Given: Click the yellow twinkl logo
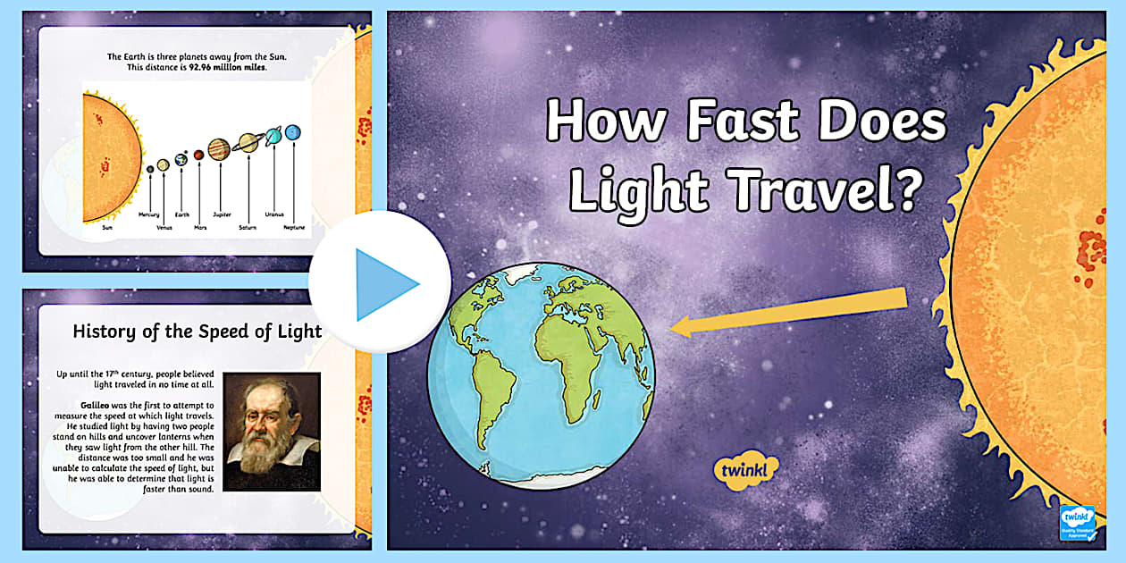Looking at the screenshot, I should tap(746, 469).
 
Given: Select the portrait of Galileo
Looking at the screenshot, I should tap(271, 431).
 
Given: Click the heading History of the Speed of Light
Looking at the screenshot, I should tap(197, 332).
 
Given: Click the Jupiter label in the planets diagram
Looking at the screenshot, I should tap(223, 215).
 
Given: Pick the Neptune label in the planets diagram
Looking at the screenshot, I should tap(294, 228).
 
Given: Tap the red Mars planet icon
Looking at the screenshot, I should tap(198, 155).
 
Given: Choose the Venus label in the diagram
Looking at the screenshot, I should tap(164, 228).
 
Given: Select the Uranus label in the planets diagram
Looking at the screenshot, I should tap(274, 215).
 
